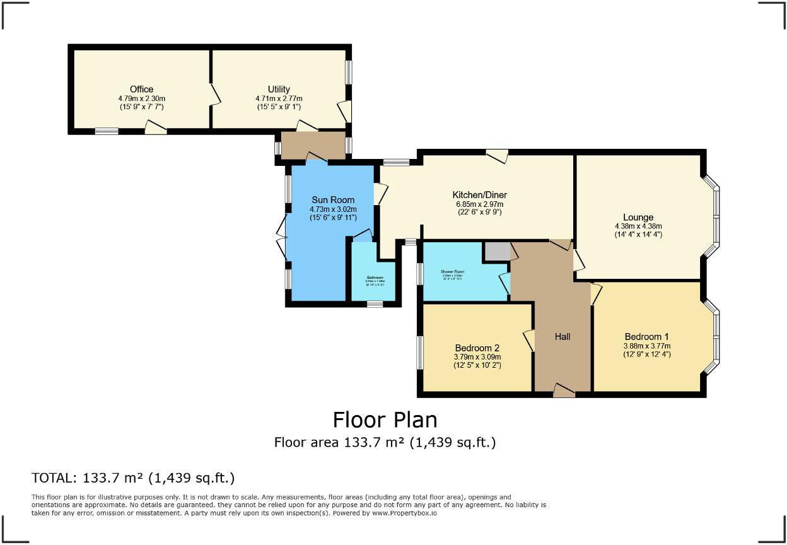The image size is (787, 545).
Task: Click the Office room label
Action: point(141,89)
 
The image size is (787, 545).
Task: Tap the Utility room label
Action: point(279,90)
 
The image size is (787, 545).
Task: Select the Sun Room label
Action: point(333,200)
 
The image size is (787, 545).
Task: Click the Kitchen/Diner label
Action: point(479,194)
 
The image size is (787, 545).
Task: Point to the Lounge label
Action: point(638,217)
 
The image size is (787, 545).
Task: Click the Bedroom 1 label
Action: point(647,336)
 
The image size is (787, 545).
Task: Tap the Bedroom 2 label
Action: point(477,348)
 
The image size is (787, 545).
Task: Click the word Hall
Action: point(563,337)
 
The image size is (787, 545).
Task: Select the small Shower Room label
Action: point(452,272)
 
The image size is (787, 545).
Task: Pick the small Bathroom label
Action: point(375,278)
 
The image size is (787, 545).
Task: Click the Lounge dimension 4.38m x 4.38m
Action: point(638,226)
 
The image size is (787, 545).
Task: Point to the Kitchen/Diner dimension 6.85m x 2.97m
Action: point(479,204)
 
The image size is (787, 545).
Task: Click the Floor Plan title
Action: point(385,419)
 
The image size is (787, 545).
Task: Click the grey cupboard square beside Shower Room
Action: point(496,252)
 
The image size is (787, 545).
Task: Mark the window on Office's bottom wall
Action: point(107,131)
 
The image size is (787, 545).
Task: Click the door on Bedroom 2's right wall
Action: point(529,341)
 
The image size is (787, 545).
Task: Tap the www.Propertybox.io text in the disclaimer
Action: point(404,513)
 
